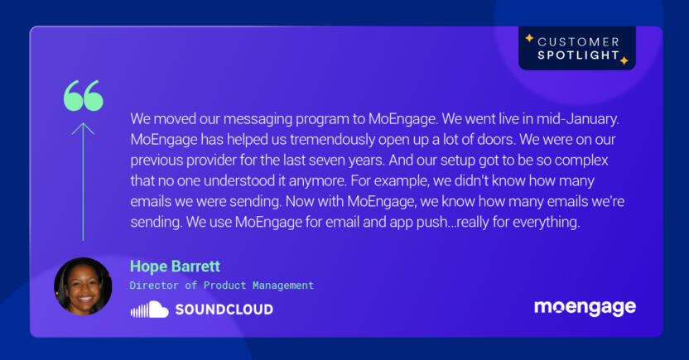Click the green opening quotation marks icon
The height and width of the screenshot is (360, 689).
[x=84, y=96]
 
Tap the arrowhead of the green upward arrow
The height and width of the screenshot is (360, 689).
[x=83, y=128]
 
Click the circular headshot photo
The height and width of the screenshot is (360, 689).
[x=83, y=286]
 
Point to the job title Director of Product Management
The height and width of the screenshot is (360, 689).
[x=222, y=286]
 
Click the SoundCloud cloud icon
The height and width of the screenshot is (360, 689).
[x=149, y=310]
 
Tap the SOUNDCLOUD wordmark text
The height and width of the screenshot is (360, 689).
[x=224, y=310]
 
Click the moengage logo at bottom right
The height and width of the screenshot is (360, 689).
[x=585, y=308]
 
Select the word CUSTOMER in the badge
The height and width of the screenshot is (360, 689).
[x=578, y=41]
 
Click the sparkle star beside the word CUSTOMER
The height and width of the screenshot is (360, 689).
[x=529, y=38]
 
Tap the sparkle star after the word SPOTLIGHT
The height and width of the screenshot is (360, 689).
[x=624, y=60]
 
